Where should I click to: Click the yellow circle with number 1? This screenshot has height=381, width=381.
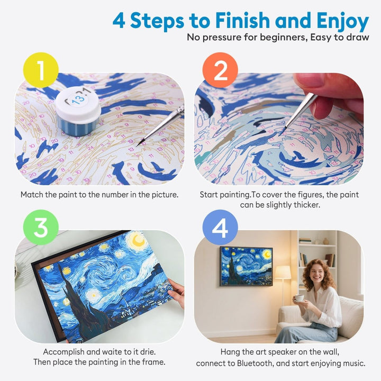40,70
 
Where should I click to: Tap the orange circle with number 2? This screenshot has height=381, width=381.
220,70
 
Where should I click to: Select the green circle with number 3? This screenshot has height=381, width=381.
40,228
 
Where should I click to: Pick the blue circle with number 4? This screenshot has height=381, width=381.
220,228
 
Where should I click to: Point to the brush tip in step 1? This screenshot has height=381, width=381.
139,143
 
